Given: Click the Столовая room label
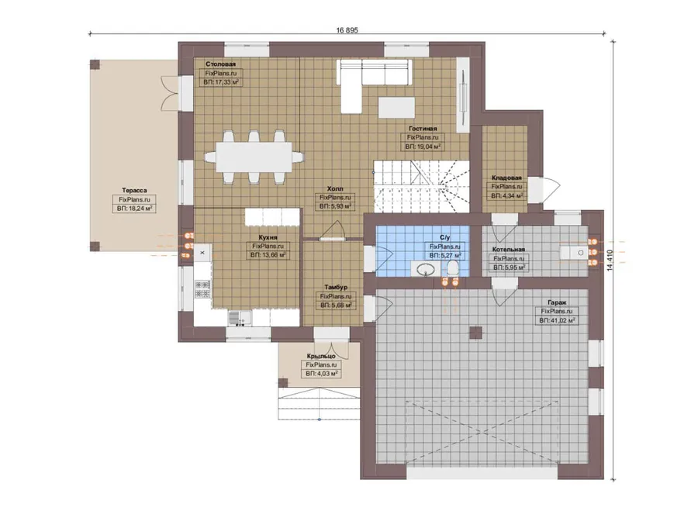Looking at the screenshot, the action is pos(220,64).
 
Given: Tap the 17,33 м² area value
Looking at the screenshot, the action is pos(226,82).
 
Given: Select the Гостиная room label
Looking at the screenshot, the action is pos(423,129).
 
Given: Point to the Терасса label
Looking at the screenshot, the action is pos(134,191).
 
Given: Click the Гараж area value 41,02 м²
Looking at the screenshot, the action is pos(562,320).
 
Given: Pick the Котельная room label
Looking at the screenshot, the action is pos(508,250).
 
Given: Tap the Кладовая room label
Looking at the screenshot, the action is pos(506,178).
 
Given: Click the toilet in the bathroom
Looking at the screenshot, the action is pos(452,268).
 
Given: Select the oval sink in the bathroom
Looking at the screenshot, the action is pos(425,268).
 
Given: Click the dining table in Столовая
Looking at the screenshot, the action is pos(254,157).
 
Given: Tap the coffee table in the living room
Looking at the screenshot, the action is pos(396,108).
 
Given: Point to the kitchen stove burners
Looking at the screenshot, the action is pos(202,289).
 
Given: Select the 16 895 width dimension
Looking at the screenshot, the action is pos(347,30).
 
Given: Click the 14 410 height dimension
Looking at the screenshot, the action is pos(610,261).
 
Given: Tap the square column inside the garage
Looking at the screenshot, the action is pos(476,333).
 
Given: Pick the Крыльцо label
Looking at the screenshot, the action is pos(321,356).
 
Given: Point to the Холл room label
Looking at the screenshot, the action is pos(335,188).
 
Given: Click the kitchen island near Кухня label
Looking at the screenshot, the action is pos(272,217).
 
